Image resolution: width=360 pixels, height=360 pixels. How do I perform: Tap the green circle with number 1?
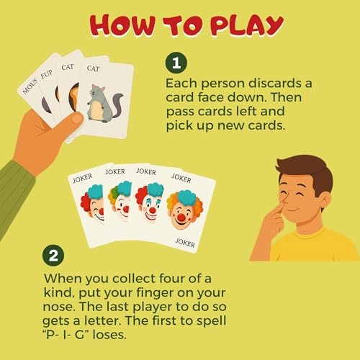click(177, 62)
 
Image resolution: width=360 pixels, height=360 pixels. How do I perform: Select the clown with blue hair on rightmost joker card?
click(184, 209)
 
